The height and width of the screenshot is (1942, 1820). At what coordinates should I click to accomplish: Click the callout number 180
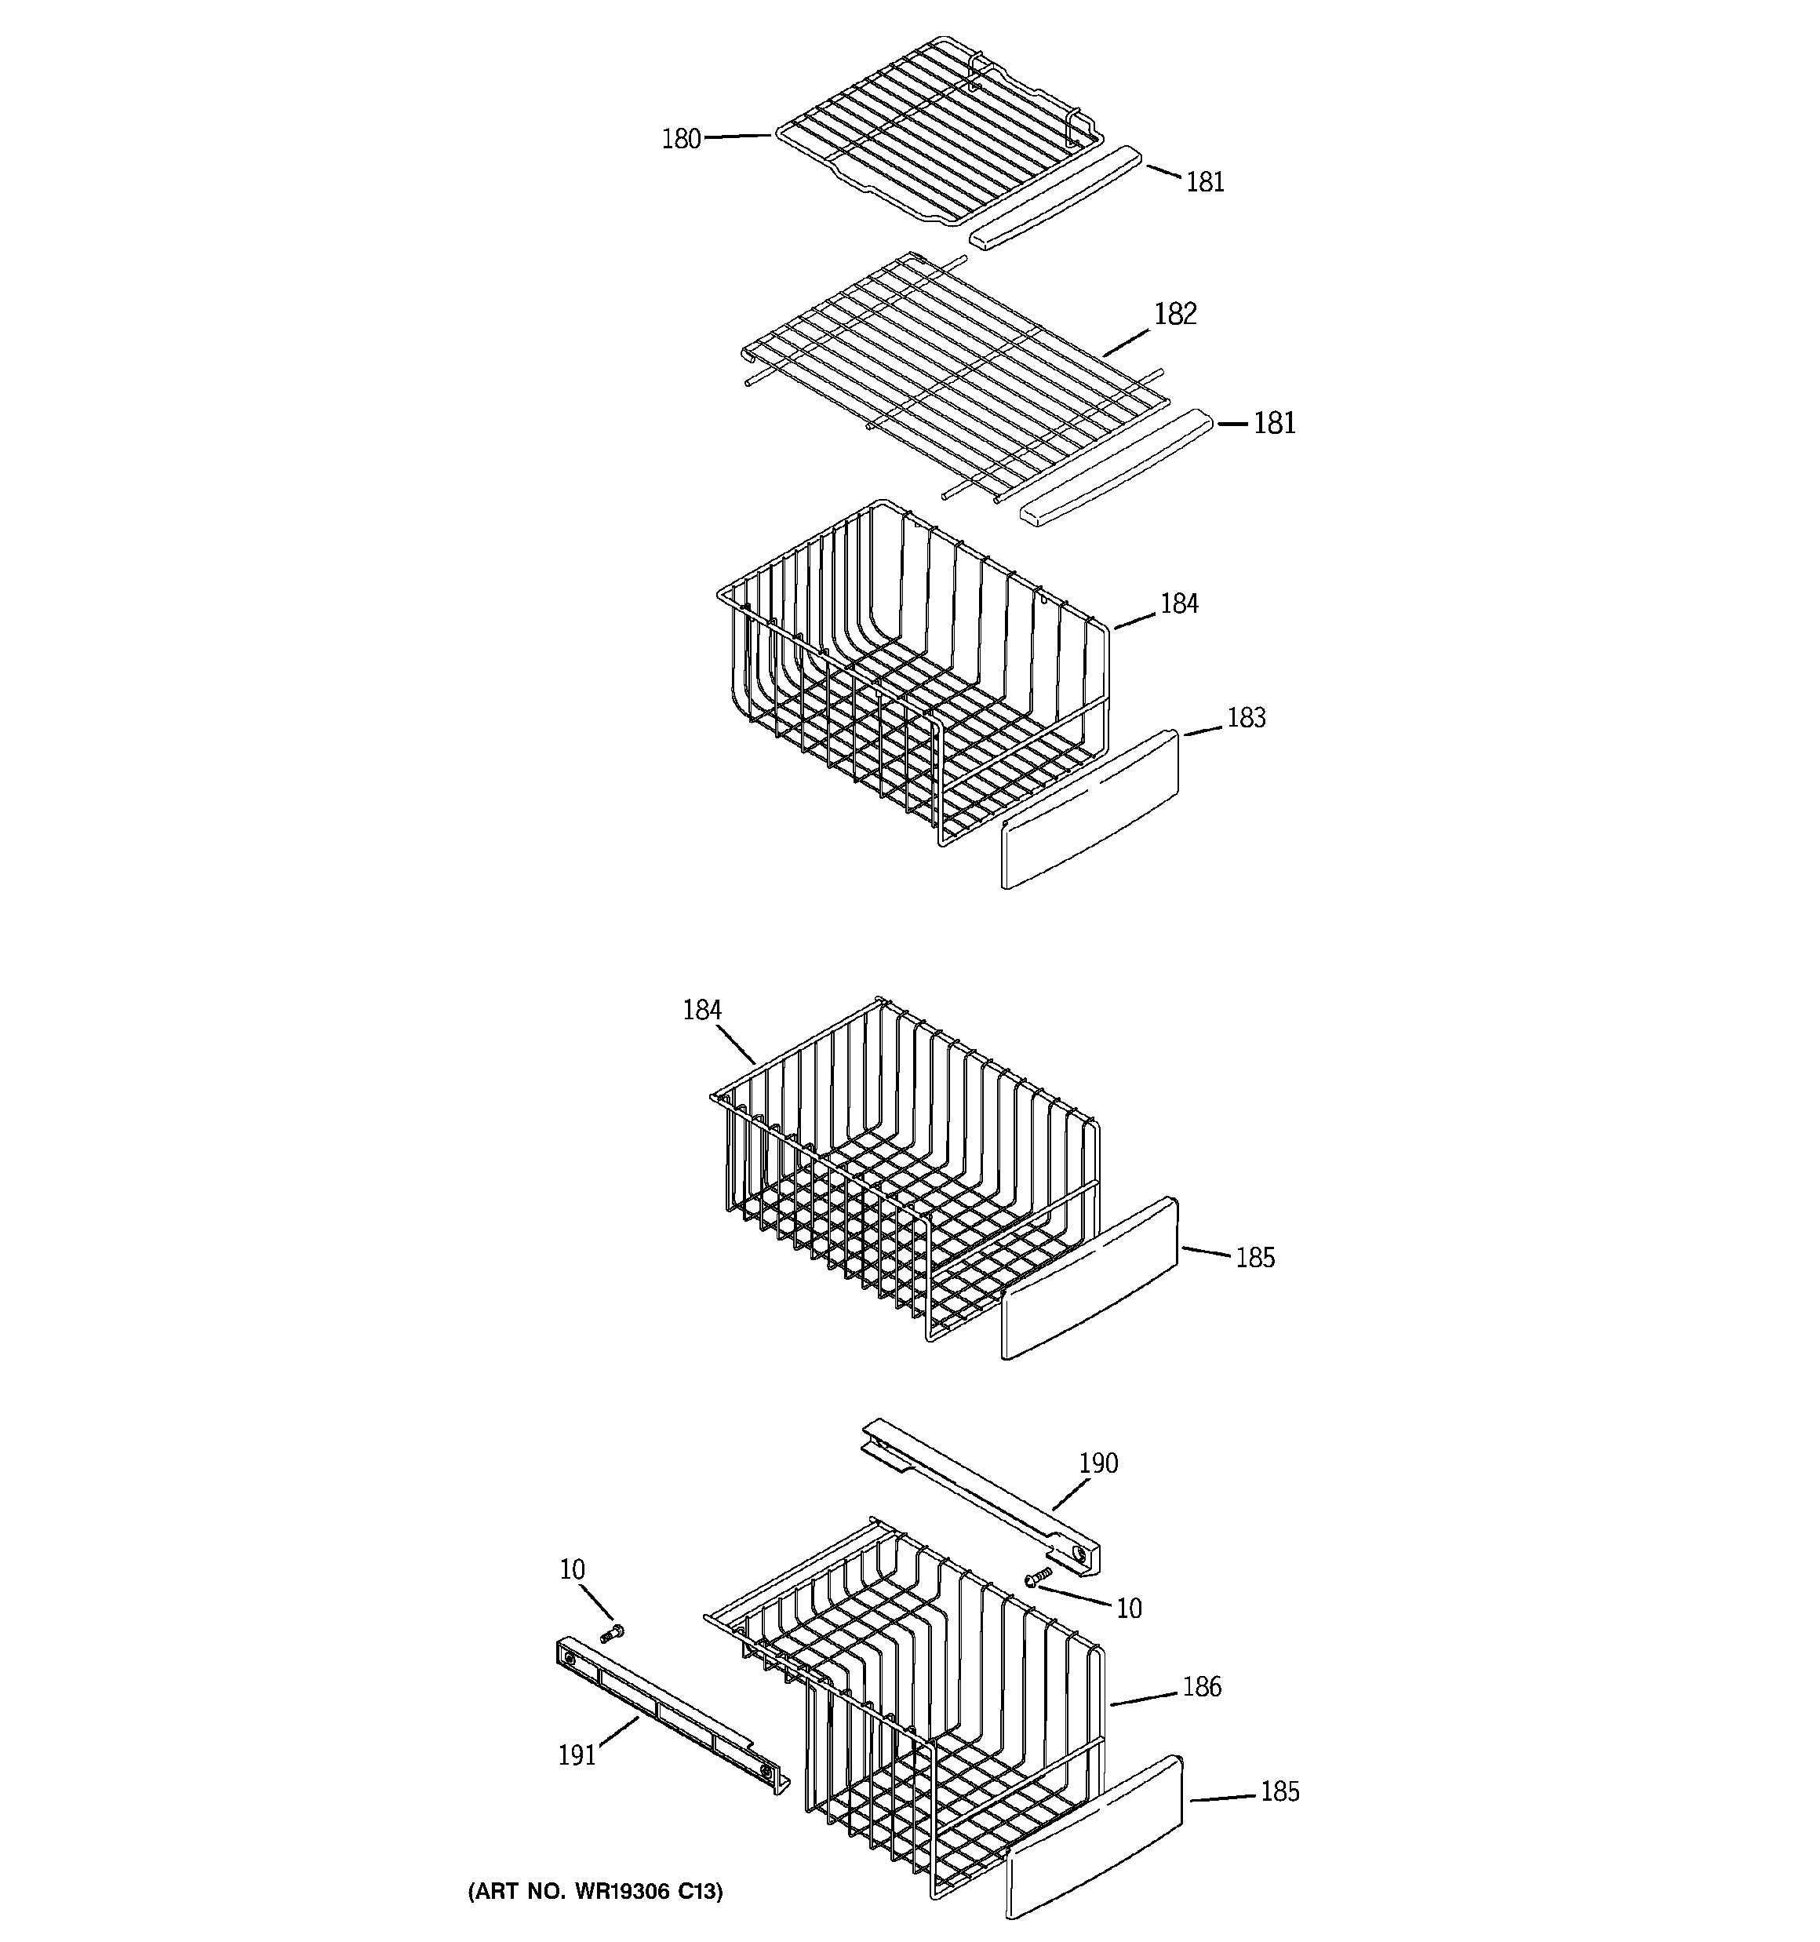click(681, 140)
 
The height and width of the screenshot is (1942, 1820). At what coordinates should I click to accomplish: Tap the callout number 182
click(1174, 314)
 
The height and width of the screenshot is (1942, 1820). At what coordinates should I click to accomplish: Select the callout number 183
click(1246, 718)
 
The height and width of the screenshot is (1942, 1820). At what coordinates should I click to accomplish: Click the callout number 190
click(1098, 1463)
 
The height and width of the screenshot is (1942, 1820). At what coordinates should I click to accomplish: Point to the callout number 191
click(577, 1755)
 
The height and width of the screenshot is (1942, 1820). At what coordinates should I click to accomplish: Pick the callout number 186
click(1202, 1687)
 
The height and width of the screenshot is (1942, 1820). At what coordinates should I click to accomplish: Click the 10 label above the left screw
click(573, 1570)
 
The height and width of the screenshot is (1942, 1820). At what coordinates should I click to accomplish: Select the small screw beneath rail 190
click(1038, 1576)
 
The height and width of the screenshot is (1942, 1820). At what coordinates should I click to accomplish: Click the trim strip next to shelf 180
click(1055, 199)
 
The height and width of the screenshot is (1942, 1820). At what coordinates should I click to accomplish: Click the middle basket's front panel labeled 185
click(1090, 1279)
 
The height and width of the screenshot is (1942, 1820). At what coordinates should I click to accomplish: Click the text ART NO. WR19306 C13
click(596, 1890)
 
